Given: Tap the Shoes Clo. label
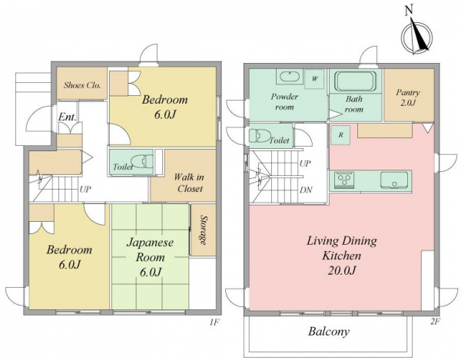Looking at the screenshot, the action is click(82, 85).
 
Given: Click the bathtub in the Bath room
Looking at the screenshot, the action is click(356, 81).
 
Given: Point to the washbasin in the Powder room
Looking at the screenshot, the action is click(290, 77).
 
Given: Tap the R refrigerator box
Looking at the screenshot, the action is click(340, 135).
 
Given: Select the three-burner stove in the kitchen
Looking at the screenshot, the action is click(344, 180).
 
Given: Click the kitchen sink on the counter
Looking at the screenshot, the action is click(394, 180).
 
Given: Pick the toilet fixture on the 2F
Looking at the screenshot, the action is click(260, 136).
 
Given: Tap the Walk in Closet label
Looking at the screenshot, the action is click(189, 183).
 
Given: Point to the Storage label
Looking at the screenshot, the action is click(203, 230).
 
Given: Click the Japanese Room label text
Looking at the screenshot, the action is click(150, 250).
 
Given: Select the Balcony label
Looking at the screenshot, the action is click(329, 332).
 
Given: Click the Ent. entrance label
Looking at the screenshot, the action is click(68, 117).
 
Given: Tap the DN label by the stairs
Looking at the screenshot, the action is click(306, 190).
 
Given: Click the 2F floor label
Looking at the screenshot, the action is click(436, 322).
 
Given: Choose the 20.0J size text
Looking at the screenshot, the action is click(342, 270).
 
